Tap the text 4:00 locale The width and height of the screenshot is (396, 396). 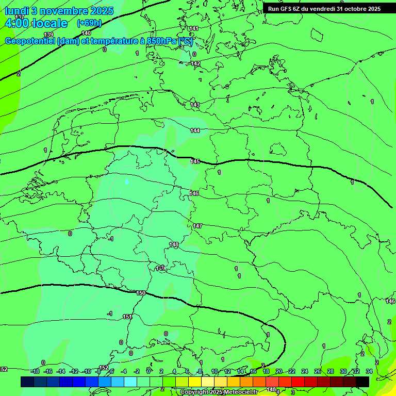coord(36,23)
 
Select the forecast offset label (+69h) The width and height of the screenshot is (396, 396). coord(89,23)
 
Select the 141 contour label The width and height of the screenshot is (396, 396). coord(194,28)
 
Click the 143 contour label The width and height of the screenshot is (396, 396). coord(195,105)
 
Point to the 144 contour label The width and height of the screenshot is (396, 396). coord(195,130)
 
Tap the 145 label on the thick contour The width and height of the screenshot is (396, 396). coord(195,161)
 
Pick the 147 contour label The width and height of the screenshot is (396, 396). coord(197,226)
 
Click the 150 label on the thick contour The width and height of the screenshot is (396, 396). coord(141,293)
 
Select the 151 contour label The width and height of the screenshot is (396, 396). coord(127,317)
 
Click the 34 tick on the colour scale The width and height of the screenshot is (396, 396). coord(369,371)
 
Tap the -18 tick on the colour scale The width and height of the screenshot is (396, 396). coord(35,371)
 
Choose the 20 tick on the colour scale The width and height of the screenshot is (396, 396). coord(279,371)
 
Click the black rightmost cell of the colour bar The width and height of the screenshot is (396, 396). coord(362,382)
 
